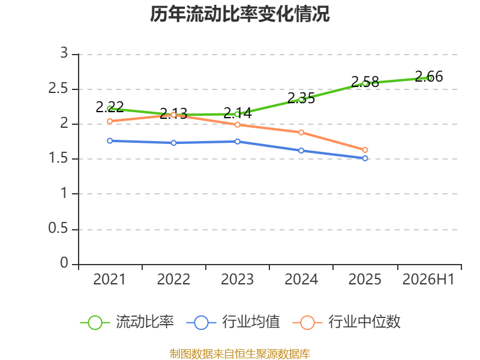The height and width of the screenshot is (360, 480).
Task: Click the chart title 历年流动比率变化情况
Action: pos(239,14)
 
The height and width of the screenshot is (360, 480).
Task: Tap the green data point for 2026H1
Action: pos(429,78)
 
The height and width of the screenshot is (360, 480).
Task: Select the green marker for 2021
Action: pos(110,109)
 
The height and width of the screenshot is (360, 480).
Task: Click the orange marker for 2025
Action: pos(365,149)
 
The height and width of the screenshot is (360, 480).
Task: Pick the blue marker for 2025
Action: pos(365,158)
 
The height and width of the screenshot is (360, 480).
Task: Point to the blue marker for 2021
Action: pos(110,141)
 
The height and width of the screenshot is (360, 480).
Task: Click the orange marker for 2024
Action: pos(301,132)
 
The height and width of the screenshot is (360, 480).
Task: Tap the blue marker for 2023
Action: pos(238,142)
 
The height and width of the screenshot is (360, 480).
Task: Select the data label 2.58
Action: pos(365,82)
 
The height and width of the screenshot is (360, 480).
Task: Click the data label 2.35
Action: pos(301,98)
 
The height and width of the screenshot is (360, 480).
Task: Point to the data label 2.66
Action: pos(429,76)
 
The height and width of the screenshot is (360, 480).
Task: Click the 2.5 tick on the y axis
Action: pos(58,88)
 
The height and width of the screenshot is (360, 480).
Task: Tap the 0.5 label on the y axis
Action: pos(58,228)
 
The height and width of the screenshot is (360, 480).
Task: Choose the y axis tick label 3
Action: pos(64,53)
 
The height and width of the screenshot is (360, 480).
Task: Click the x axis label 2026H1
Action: pos(428,279)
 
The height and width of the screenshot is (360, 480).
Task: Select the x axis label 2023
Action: pos(238,279)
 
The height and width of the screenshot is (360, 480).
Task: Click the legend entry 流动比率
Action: pos(127,322)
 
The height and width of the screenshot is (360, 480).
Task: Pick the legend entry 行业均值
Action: pos(233,322)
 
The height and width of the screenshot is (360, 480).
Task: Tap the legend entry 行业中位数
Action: pos(347,322)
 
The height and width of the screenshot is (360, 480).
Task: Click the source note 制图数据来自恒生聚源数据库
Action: pos(240,354)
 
